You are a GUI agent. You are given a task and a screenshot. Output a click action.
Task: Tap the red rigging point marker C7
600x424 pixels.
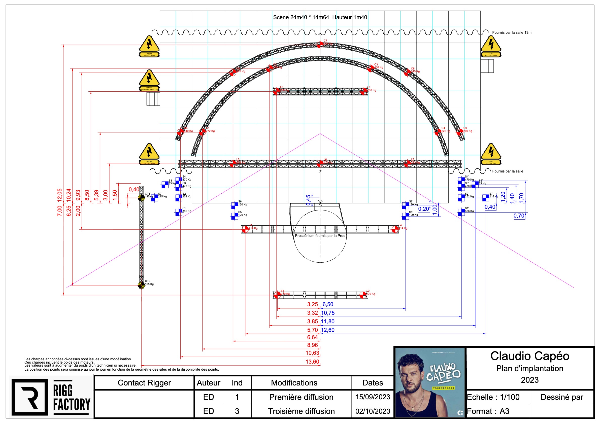point(320,45)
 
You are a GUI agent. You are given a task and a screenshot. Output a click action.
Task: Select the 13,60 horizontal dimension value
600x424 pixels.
point(312,362)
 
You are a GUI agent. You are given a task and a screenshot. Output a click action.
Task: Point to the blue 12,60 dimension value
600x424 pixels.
point(328,330)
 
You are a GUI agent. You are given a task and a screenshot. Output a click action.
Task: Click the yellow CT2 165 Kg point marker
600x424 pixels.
point(141,285)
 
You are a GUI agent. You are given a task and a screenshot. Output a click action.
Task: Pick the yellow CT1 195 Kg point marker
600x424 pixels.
point(141,198)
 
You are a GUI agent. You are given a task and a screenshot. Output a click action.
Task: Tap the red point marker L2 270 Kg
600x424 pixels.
point(363,295)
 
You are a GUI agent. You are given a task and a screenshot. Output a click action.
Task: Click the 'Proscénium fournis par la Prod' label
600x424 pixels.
point(320,236)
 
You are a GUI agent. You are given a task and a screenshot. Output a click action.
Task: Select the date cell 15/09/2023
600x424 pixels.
point(373,397)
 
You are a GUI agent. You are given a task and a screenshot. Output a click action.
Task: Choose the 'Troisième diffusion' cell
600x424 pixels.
point(301,411)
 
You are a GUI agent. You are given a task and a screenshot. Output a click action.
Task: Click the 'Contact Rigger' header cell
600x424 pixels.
point(144,383)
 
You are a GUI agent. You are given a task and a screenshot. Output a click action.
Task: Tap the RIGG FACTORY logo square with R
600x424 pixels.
point(30,397)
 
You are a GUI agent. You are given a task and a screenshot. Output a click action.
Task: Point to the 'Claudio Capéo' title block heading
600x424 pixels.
point(529,356)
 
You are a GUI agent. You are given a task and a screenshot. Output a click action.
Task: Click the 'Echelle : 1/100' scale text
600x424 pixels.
point(493,397)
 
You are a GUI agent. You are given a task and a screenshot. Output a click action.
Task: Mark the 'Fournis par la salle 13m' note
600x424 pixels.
point(511,33)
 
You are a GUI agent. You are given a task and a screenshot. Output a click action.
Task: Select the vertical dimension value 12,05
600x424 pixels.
point(60,195)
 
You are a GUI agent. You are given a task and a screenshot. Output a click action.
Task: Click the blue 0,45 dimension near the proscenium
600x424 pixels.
point(308,200)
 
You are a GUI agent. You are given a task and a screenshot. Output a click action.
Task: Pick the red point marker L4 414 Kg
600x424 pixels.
point(395,229)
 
